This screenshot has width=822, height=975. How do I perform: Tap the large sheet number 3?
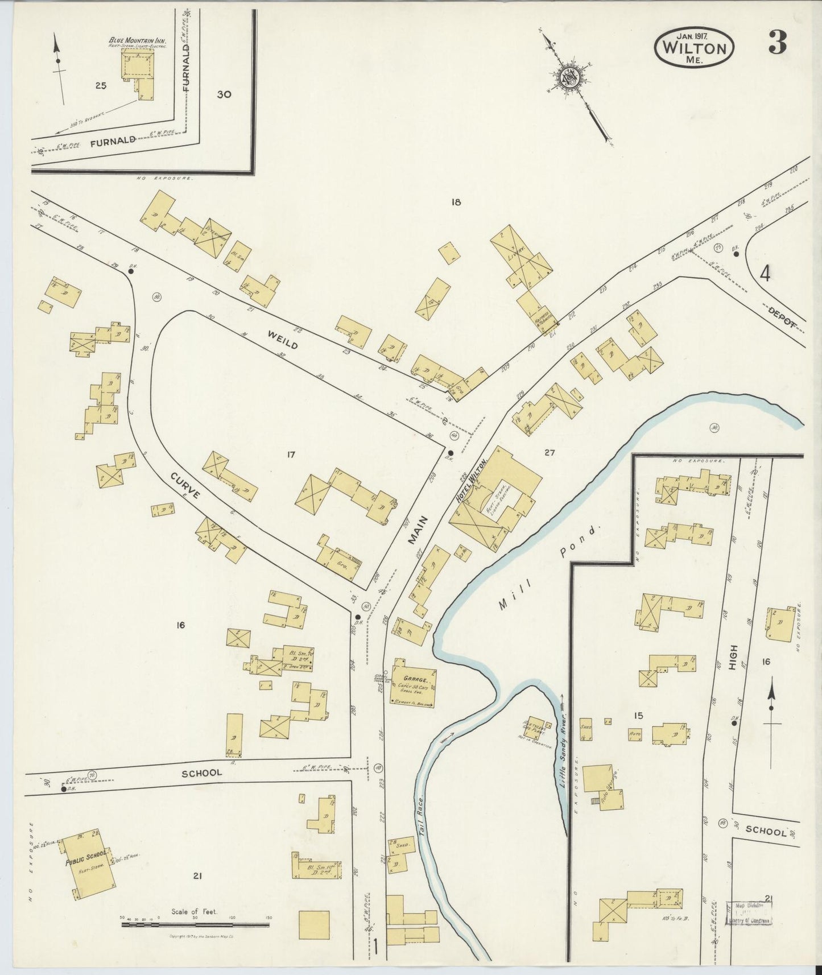[777, 43]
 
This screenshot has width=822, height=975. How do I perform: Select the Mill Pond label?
[549, 569]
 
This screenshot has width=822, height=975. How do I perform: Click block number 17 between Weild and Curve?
[291, 454]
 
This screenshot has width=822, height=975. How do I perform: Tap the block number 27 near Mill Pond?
[549, 453]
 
